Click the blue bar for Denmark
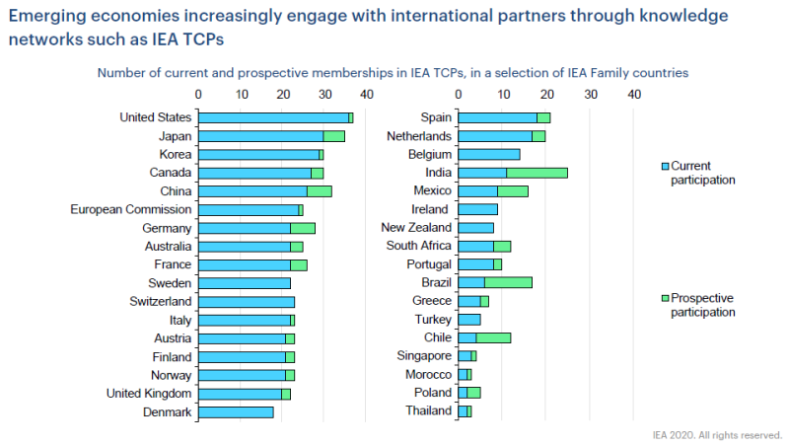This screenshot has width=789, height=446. click(236, 411)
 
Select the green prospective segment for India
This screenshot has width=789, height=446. click(537, 173)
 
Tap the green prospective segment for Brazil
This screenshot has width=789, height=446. click(508, 282)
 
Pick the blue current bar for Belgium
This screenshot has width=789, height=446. click(489, 154)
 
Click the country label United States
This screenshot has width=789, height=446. click(155, 117)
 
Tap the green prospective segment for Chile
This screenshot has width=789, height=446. click(493, 337)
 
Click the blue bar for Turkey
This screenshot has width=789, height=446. click(469, 320)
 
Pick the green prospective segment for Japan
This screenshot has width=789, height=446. click(334, 136)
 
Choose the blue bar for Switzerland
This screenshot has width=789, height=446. click(247, 301)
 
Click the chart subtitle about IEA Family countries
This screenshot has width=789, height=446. click(392, 73)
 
